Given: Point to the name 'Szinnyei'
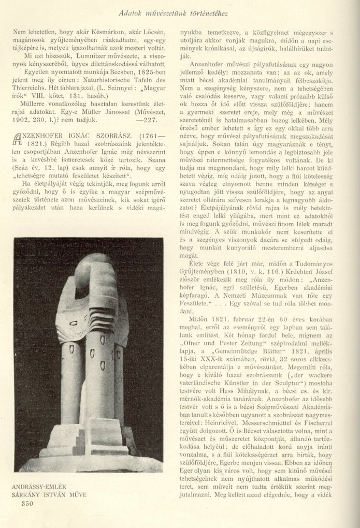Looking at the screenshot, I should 125,82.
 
